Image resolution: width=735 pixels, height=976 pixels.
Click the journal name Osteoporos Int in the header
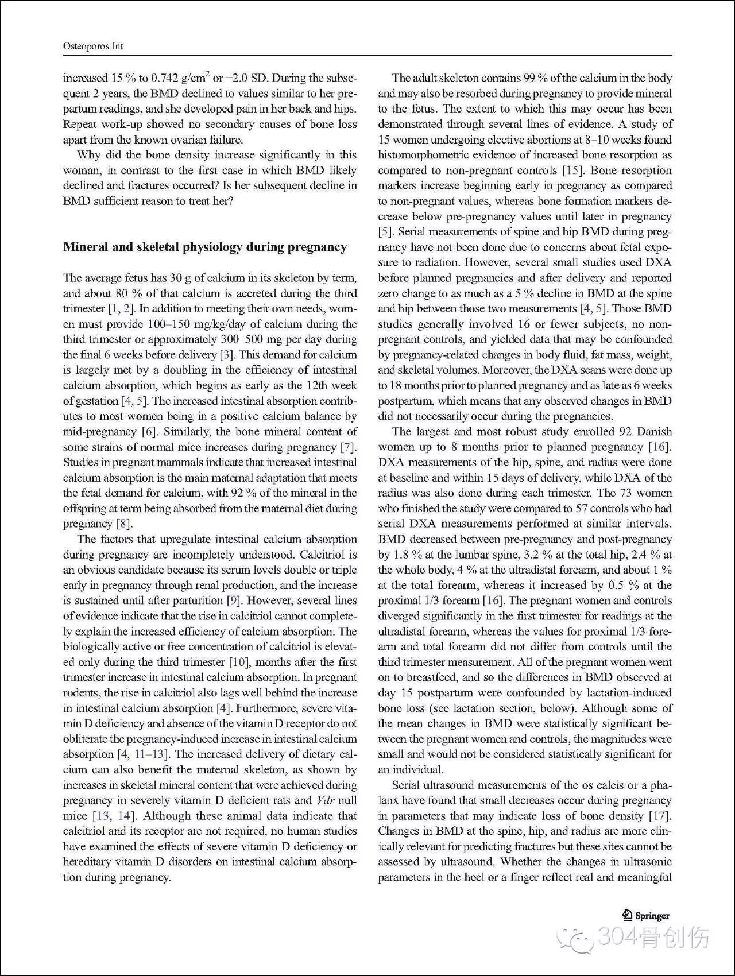click(x=93, y=46)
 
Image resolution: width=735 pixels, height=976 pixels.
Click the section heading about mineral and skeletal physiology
click(x=205, y=247)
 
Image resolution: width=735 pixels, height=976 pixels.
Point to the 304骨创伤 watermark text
click(x=653, y=938)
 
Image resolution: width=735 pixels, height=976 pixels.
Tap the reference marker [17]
click(x=660, y=816)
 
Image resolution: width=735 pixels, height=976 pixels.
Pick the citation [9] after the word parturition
click(x=234, y=601)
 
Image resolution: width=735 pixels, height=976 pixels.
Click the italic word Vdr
click(x=326, y=800)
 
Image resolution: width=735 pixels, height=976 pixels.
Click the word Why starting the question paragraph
click(x=89, y=155)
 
